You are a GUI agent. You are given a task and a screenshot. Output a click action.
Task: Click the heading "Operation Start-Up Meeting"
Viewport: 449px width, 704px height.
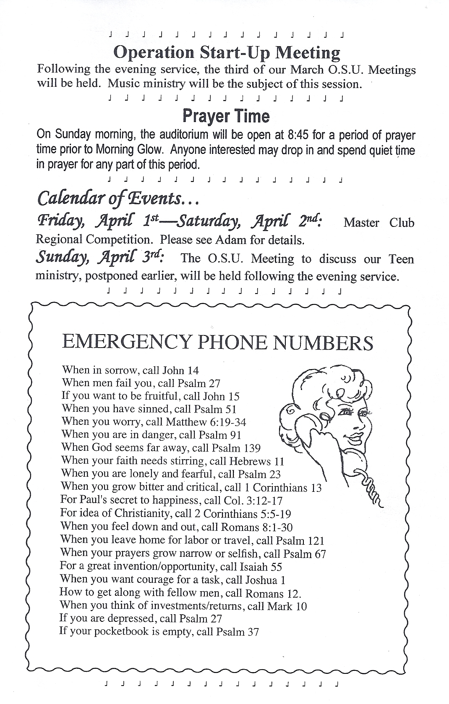[x=227, y=53]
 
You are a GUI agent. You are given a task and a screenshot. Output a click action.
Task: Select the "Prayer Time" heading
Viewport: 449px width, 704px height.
[x=226, y=116]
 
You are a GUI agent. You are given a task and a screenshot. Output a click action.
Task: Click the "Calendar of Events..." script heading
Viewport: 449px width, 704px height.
[x=117, y=198]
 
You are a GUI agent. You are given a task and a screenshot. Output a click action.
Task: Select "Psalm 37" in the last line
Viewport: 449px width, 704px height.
[x=238, y=632]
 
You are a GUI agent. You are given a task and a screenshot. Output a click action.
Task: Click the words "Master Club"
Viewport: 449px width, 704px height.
[x=379, y=223]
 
